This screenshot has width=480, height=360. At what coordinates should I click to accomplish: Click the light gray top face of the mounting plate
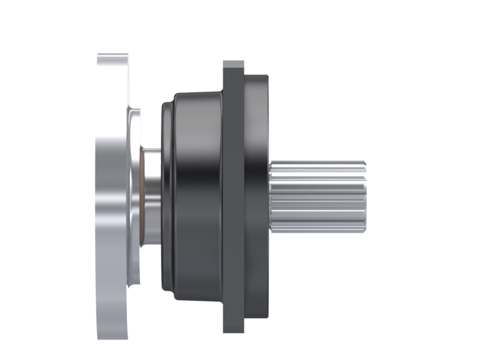tap(233, 64)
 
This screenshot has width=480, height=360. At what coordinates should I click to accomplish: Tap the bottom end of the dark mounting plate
tap(233, 330)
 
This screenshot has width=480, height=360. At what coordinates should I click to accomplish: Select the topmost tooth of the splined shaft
tap(317, 163)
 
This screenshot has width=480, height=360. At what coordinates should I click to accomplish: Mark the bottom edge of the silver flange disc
tap(113, 338)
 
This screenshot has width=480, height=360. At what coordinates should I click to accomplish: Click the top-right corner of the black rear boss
tap(266, 76)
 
